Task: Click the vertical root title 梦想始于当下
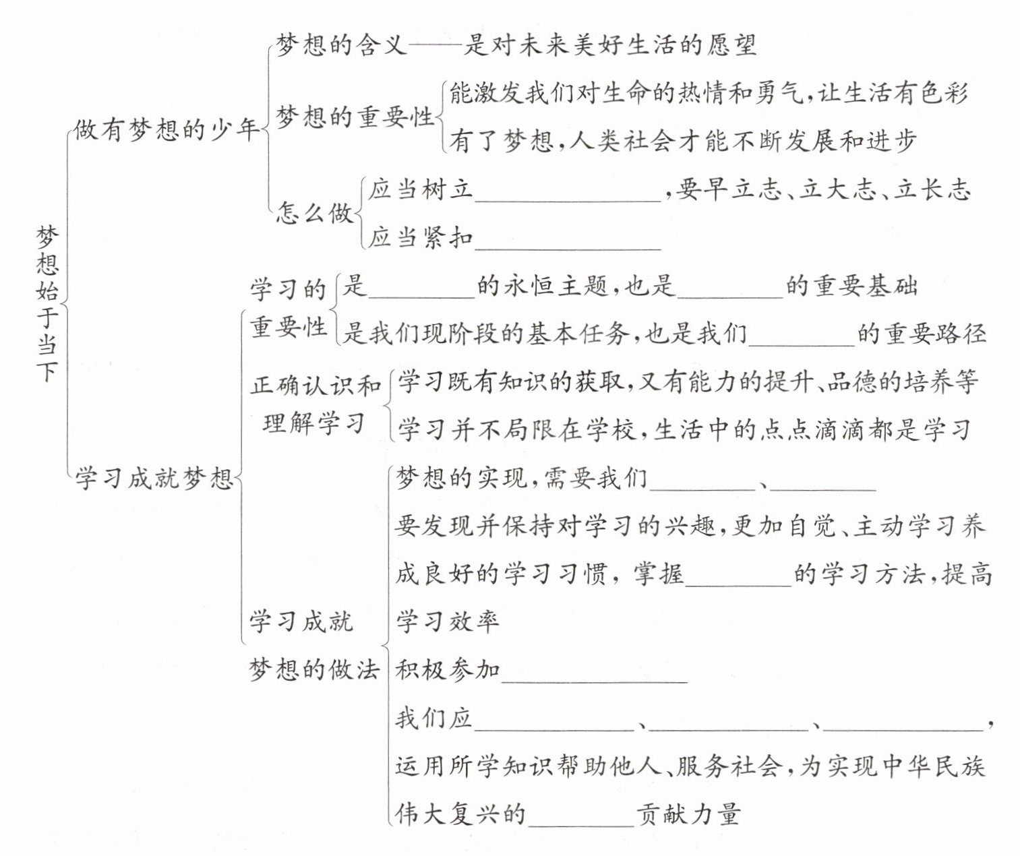pos(48,303)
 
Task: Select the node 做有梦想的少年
pos(167,129)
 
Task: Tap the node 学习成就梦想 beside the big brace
pos(154,478)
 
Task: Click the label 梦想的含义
pos(341,44)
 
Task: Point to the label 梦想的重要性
pos(355,117)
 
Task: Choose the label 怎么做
pos(315,213)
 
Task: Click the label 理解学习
pos(314,423)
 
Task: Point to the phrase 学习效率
pos(448,621)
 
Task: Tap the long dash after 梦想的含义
pos(436,45)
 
